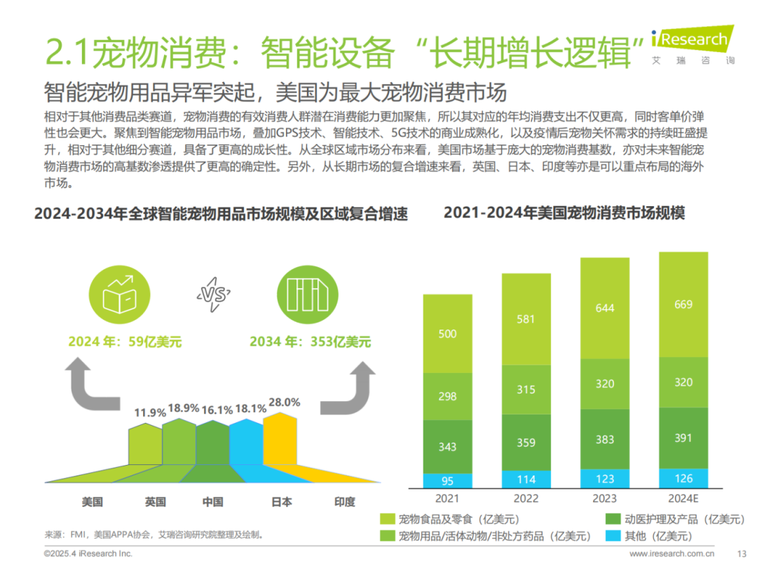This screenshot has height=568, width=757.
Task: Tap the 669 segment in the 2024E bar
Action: [x=683, y=304]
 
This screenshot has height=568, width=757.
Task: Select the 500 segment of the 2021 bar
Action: [x=447, y=334]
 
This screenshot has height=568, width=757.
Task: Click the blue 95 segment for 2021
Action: [x=447, y=481]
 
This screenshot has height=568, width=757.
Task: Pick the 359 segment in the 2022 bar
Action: [x=526, y=442]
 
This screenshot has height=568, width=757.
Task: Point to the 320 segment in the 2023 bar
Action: [x=604, y=384]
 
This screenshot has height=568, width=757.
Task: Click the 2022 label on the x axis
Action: [x=526, y=499]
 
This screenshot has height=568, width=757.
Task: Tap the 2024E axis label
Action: [x=683, y=499]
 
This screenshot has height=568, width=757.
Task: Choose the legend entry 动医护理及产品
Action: [x=673, y=520]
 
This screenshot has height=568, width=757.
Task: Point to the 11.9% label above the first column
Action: [x=150, y=412]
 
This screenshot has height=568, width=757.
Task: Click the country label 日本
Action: [x=281, y=502]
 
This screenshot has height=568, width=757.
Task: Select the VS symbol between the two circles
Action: [x=215, y=295]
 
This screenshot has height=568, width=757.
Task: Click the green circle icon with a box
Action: [x=119, y=295]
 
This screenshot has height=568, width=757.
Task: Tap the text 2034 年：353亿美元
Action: [x=311, y=342]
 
